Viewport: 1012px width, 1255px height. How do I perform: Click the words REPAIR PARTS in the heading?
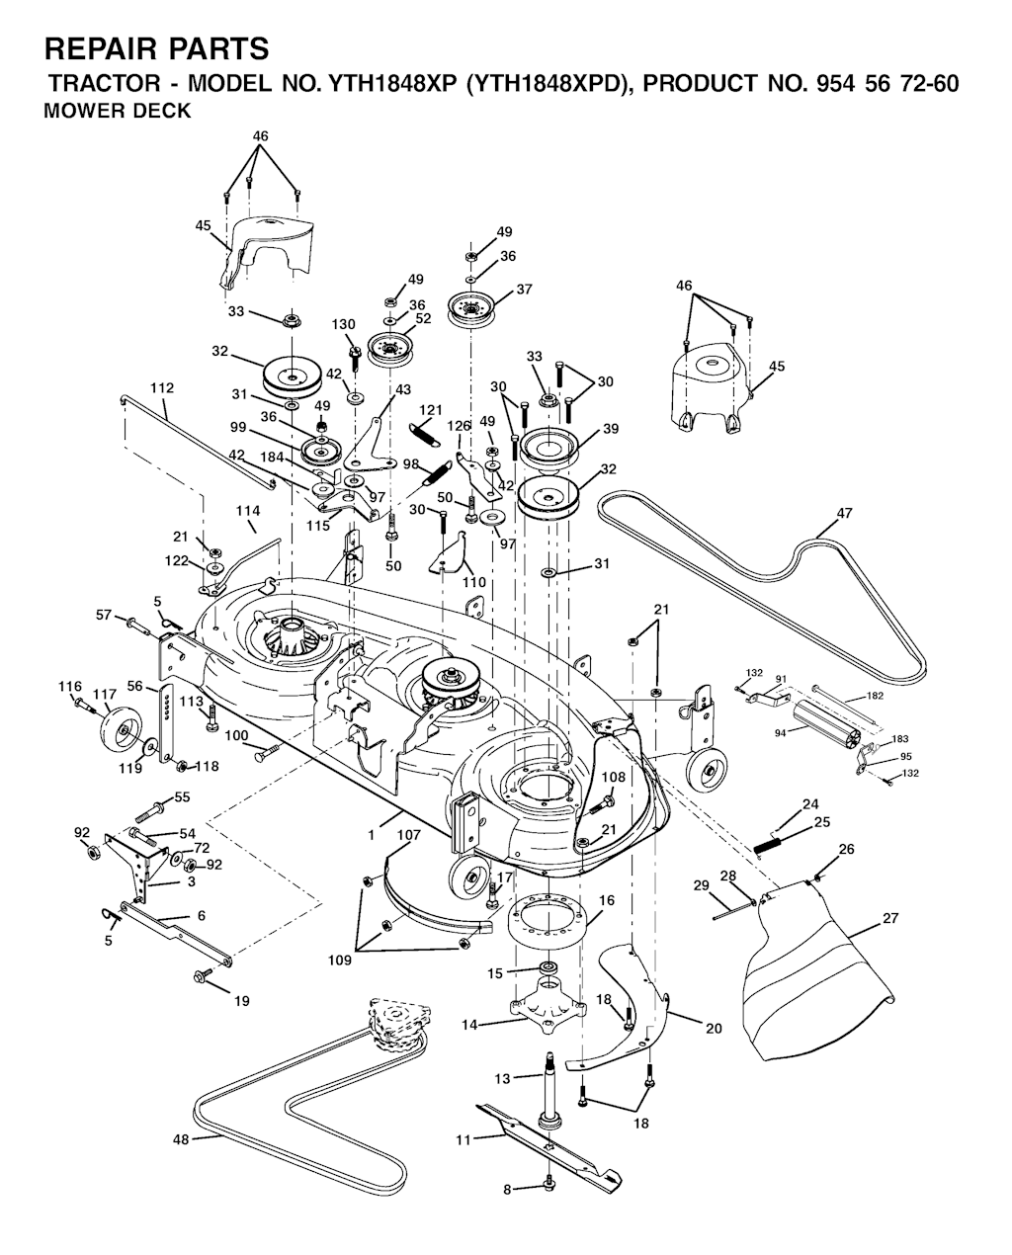156,48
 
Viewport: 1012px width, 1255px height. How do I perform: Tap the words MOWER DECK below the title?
118,112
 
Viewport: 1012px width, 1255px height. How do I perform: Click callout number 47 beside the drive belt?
844,513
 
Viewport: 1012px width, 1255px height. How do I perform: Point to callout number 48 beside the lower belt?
181,1139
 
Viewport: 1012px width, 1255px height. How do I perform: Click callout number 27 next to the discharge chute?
890,918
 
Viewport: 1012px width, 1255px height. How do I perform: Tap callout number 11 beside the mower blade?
464,1140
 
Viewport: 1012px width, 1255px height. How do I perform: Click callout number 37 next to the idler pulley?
524,290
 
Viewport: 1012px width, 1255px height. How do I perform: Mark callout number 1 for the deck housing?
371,835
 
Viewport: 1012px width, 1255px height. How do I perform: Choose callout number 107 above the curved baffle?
409,836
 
